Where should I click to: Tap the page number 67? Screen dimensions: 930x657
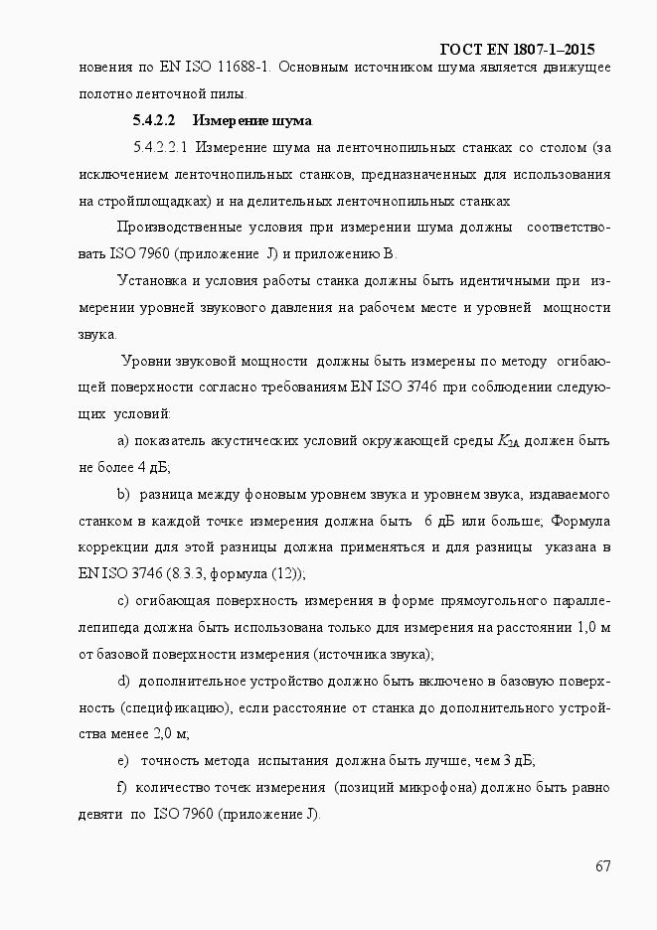tap(602, 865)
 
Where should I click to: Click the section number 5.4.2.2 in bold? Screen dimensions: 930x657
tap(154, 121)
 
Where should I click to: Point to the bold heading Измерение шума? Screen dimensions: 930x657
tap(252, 121)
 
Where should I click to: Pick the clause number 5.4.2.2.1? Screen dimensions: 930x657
tap(160, 148)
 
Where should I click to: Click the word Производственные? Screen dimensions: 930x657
tap(174, 228)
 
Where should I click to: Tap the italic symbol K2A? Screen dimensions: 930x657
tap(507, 441)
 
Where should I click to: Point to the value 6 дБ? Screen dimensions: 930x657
tap(439, 521)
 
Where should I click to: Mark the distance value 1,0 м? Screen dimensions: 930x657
tap(588, 627)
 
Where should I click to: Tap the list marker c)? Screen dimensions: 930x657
tap(123, 601)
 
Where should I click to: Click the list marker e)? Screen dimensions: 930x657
tap(123, 761)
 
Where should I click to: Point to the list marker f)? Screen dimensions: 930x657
tap(122, 788)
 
